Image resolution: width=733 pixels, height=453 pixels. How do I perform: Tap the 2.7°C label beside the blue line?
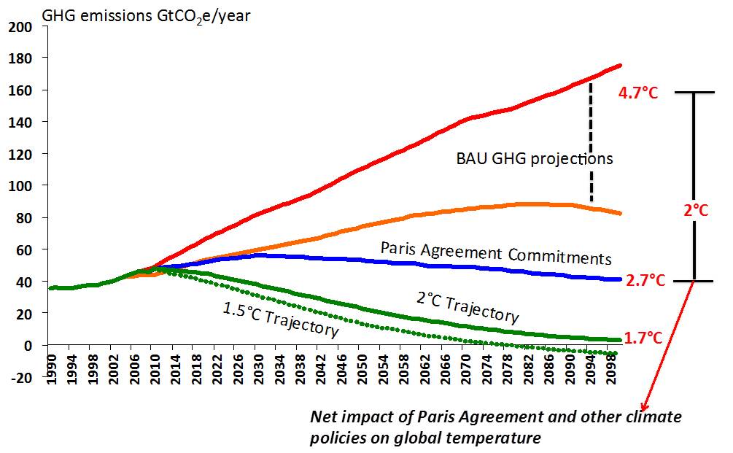click(x=645, y=280)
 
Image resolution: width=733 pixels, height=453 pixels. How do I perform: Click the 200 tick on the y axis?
click(x=23, y=27)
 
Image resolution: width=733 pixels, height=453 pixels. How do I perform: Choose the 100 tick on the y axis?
click(x=23, y=186)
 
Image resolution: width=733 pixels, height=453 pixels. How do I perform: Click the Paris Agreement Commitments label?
click(x=495, y=253)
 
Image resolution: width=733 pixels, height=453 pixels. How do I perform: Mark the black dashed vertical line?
click(x=591, y=142)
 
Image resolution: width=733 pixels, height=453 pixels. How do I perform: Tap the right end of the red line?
click(x=620, y=66)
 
